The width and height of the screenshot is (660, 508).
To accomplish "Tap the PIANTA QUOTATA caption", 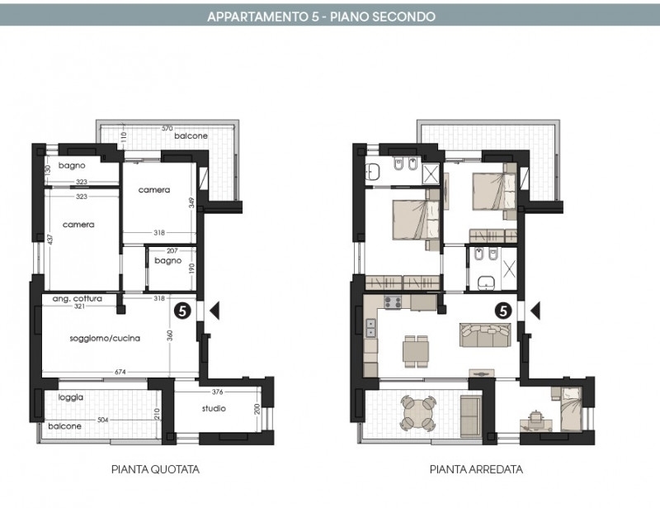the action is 155,469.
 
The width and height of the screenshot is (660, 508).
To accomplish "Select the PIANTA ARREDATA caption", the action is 476,469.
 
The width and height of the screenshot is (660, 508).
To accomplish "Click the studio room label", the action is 214,408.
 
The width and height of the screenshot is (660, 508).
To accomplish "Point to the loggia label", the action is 71,397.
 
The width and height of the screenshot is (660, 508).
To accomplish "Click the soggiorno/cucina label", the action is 105,338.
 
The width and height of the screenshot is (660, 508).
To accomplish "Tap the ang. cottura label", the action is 77,298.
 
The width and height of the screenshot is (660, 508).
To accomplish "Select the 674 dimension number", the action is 120,372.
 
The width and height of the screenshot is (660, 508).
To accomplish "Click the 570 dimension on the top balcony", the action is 167,129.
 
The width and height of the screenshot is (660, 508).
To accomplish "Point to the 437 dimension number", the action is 50,240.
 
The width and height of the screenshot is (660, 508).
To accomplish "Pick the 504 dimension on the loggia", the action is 102,420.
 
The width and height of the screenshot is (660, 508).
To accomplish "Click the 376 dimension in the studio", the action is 217,392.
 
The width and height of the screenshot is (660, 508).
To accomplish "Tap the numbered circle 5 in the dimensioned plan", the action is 182,311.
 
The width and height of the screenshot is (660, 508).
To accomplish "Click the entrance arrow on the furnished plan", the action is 535,311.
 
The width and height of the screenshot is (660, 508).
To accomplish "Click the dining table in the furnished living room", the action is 416,351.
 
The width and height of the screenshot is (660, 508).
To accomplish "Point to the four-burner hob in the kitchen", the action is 392,302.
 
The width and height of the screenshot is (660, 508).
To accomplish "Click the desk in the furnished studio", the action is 535,425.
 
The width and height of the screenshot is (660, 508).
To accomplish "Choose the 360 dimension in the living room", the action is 170,335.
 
